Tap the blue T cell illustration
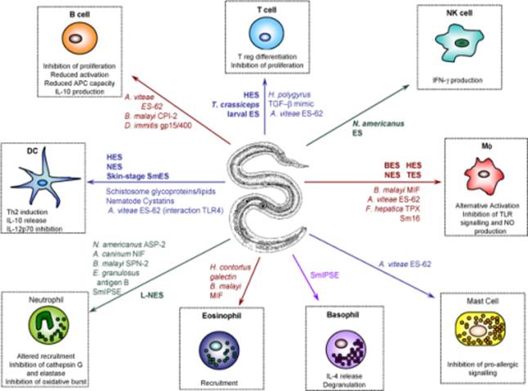click(270, 34)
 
